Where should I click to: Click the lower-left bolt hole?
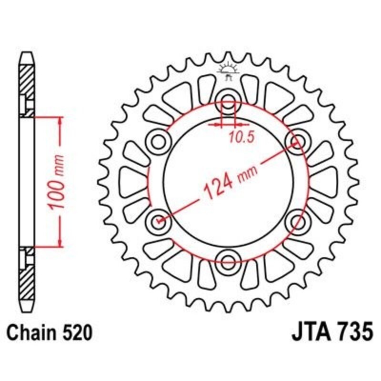pos(159,220)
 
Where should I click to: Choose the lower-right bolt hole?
pos(298,220)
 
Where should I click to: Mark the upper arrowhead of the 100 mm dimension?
pos(60,120)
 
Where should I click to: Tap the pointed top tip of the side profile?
pos(27,53)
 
